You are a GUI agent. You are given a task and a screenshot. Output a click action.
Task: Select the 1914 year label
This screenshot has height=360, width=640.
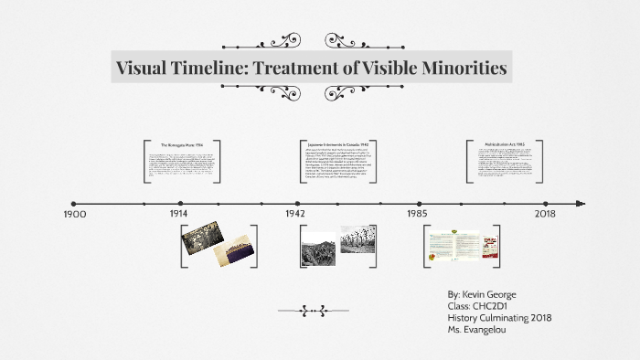tap(179, 213)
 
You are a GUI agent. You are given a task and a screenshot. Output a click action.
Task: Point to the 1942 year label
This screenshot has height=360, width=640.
tap(294, 213)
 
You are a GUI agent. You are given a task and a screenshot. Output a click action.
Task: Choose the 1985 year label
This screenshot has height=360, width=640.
tap(417, 213)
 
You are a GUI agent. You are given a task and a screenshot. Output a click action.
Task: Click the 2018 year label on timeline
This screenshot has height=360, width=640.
tap(545, 213)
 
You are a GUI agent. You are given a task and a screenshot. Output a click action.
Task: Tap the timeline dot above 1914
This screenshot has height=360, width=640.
tap(181, 204)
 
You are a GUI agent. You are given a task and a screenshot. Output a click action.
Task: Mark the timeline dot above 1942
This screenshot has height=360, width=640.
tap(297, 204)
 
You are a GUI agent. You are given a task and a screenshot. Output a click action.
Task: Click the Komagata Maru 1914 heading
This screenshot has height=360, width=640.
tap(180, 145)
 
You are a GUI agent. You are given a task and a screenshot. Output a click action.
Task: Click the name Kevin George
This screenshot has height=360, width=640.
tap(497, 295)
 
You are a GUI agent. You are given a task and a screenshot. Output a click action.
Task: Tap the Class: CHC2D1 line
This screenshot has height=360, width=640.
tap(475, 306)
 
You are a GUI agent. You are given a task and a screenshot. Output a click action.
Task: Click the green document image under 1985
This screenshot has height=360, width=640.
tap(454, 245)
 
